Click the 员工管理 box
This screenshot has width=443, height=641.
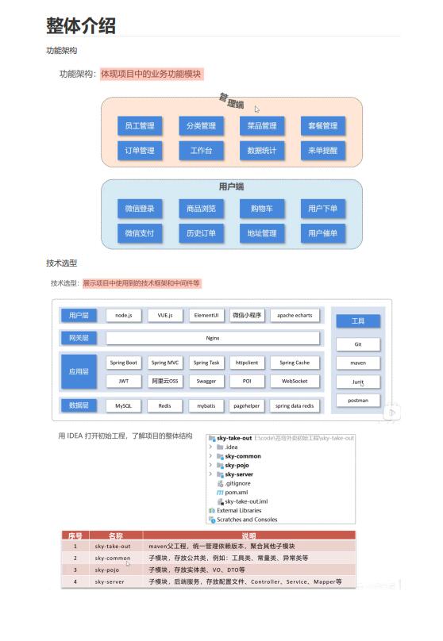pos(140,125)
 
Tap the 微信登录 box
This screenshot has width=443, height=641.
pos(140,209)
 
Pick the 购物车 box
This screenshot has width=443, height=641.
pos(262,209)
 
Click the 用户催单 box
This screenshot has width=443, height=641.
pos(323,233)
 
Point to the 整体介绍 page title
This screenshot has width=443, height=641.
pos(81,25)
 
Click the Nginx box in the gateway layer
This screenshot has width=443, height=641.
pos(212,338)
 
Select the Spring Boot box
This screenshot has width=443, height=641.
pos(122,363)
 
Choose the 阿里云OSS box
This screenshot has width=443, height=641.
pos(165,381)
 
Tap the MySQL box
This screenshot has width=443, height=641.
pos(122,405)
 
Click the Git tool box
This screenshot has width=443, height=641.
pos(358,344)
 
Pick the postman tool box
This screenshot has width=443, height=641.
pos(358,400)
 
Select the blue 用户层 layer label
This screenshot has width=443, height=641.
pos(79,315)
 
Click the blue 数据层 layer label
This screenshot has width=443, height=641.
pos(79,405)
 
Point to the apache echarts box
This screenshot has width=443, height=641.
pos(295,315)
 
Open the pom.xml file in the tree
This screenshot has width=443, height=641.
pos(236,492)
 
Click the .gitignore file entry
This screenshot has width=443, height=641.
pos(237,483)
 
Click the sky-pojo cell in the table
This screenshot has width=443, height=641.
pos(112,570)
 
